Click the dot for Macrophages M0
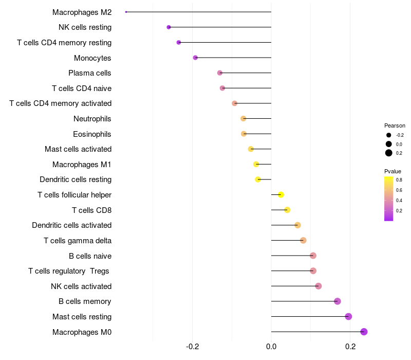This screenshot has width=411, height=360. [364, 332]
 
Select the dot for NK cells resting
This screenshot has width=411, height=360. [169, 27]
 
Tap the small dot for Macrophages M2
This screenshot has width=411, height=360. [126, 12]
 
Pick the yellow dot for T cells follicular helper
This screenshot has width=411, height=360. [281, 194]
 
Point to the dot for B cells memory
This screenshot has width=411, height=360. [338, 301]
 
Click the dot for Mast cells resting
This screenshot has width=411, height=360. [348, 316]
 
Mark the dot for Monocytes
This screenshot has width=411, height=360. [195, 58]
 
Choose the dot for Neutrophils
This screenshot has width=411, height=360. [244, 119]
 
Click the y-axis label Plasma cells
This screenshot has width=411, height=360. [90, 73]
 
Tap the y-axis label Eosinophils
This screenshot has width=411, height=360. [92, 134]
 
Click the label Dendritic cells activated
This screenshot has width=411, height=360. [72, 225]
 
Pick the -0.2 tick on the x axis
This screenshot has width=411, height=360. [192, 347]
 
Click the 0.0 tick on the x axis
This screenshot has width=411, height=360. [271, 347]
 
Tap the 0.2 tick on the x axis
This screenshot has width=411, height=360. [350, 347]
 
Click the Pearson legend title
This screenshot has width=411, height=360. [395, 125]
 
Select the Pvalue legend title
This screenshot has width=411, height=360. [393, 171]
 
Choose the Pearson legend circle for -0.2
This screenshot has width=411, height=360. [389, 135]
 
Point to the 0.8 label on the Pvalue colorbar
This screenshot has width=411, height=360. [399, 180]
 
